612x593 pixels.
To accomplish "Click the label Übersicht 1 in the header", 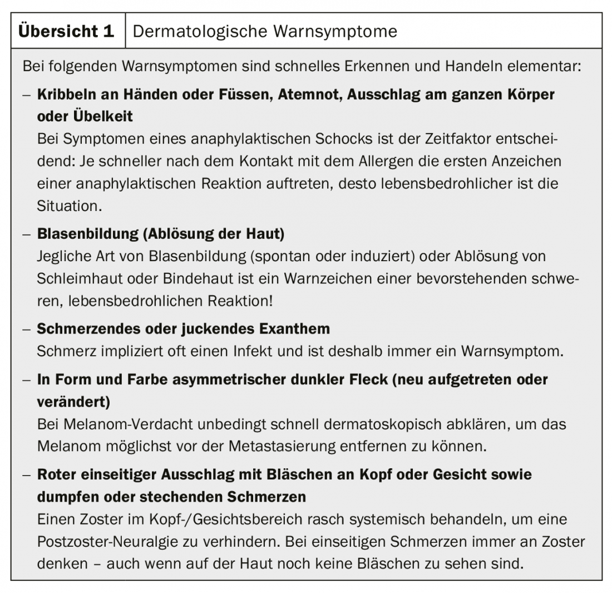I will (66, 31).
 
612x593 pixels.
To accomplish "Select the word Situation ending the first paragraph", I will (68, 205).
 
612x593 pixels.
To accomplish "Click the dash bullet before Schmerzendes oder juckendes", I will (26, 329).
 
